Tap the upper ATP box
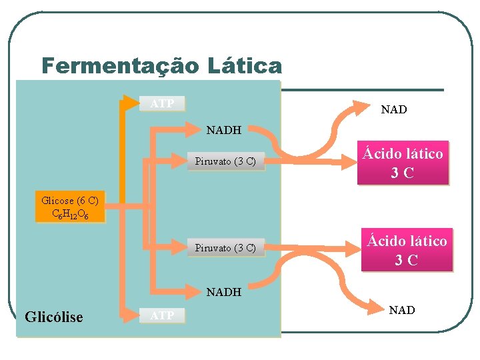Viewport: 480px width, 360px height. (x=162, y=103)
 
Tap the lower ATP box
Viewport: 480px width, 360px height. (x=162, y=315)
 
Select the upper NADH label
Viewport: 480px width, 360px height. (x=224, y=130)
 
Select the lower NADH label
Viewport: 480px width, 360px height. (x=224, y=291)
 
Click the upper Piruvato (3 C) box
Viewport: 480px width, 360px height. (x=225, y=161)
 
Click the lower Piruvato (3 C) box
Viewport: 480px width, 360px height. (x=225, y=248)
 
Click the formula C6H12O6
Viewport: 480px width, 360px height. (x=69, y=215)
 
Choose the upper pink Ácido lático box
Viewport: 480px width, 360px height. (x=403, y=163)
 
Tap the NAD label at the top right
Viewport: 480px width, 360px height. (x=393, y=109)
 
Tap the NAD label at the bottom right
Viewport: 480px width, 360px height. (x=401, y=310)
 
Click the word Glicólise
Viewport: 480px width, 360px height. (x=54, y=317)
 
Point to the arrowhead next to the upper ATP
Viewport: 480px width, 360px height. (x=130, y=103)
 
